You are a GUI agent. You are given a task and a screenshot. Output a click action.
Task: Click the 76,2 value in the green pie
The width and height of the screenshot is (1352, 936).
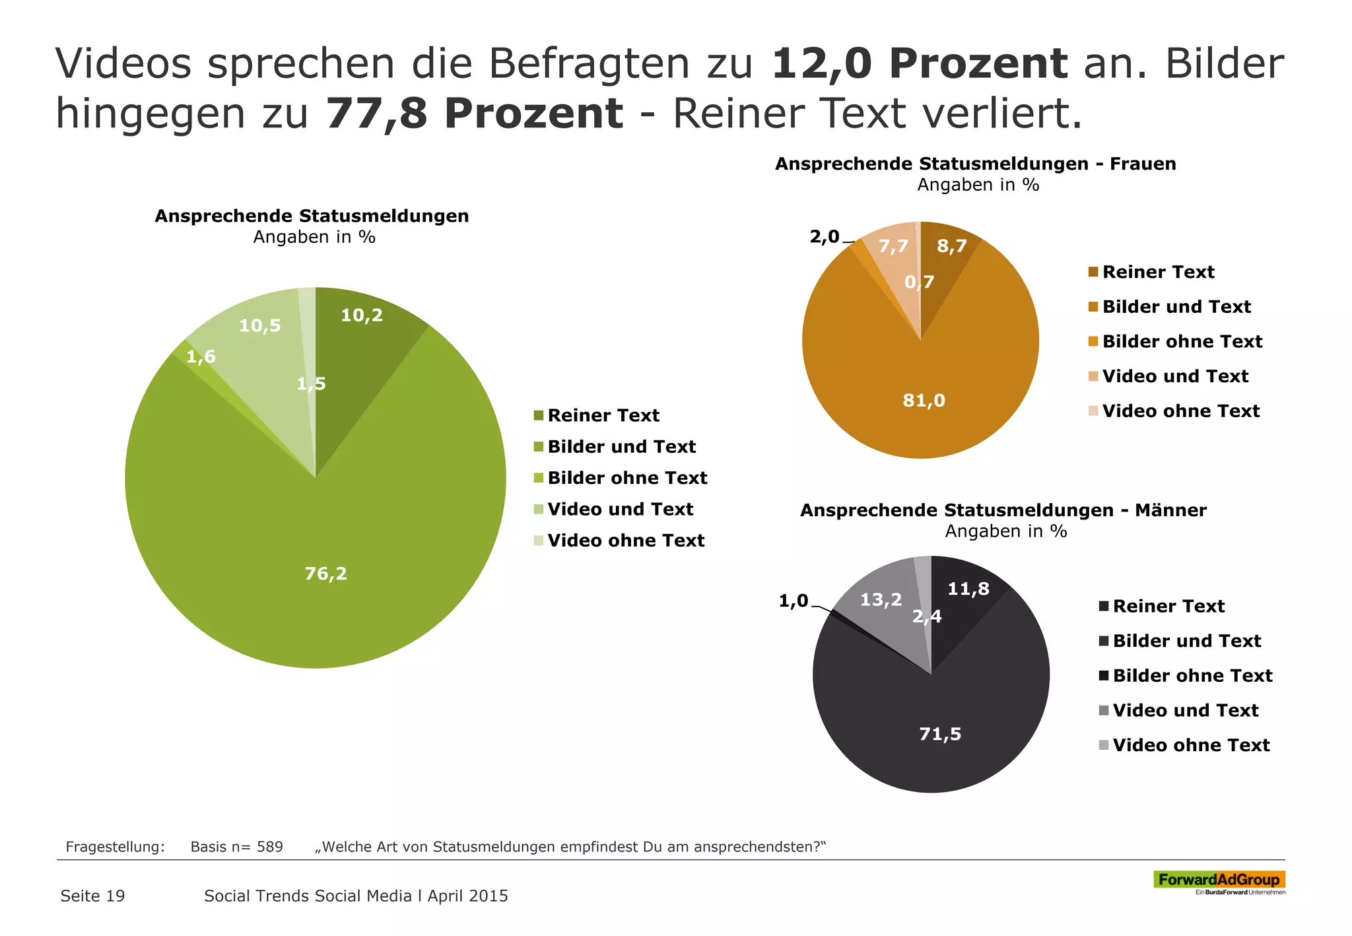[x=325, y=574]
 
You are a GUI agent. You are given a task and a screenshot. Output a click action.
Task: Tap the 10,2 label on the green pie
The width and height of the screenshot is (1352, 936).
[x=362, y=316]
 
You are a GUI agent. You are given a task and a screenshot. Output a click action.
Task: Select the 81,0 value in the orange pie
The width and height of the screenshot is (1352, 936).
[x=924, y=400]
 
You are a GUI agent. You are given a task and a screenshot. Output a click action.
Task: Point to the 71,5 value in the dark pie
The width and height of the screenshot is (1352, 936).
[x=940, y=734]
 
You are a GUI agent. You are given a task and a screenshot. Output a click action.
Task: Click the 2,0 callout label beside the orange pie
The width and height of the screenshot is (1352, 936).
[x=825, y=236]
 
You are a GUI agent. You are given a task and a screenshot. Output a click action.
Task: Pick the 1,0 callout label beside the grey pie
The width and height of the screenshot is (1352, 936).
[x=794, y=601]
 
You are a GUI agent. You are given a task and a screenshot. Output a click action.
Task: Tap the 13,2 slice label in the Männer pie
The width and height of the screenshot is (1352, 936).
[x=881, y=599]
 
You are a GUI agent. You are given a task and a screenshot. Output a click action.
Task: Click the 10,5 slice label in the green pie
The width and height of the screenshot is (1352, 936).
[x=259, y=325]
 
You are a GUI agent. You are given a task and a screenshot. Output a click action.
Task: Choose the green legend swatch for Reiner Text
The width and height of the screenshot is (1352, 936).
[x=539, y=415]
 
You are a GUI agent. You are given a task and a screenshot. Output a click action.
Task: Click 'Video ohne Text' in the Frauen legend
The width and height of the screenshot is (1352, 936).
[x=1180, y=411]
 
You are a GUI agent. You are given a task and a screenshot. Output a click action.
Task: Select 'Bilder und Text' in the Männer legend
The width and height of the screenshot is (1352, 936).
[x=1186, y=641]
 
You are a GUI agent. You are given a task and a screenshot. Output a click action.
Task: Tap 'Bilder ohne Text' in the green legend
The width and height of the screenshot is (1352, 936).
[x=627, y=478]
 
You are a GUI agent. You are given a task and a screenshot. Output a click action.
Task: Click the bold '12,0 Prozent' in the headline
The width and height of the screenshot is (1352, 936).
[x=919, y=64]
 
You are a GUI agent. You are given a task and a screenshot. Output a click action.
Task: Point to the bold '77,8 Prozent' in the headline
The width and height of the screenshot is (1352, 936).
[x=474, y=114]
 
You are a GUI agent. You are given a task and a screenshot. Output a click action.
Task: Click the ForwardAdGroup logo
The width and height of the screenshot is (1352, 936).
[x=1219, y=880]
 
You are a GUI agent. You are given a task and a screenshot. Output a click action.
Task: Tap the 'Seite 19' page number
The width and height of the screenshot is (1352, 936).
[x=92, y=896]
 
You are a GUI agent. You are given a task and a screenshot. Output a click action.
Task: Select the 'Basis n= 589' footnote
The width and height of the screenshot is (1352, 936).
[x=236, y=847]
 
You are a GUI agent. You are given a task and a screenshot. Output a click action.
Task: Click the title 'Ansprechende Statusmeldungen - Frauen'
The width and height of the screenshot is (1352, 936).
[x=975, y=164]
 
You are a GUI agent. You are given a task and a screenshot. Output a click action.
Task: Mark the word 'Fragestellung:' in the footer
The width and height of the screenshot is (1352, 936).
[x=115, y=847]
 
